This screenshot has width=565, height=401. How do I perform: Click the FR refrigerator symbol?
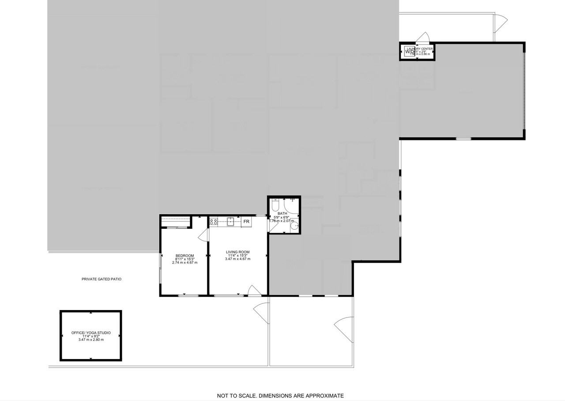coord(246,221)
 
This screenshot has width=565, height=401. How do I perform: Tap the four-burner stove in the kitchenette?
coord(214,222)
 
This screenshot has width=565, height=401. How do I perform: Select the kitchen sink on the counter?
coord(230,221)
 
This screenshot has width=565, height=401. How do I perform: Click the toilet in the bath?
coord(275,205)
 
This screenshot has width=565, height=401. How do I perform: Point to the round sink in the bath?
coord(294,227)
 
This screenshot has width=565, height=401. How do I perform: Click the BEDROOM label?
coord(185,256)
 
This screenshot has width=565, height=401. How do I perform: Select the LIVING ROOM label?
coord(237,252)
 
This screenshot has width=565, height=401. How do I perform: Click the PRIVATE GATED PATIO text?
coord(102,279)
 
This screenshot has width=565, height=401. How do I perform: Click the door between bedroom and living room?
coord(203,235)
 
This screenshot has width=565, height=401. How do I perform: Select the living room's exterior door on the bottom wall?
coord(254,290)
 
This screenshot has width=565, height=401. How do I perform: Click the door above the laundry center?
coord(424,37)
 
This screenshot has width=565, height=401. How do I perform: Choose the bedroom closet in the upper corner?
coord(176,221)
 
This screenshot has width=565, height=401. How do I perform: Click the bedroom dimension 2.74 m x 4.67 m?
coord(185,262)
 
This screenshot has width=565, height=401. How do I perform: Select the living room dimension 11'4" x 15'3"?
coord(237,255)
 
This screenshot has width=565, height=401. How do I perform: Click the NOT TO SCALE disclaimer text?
coord(280,396)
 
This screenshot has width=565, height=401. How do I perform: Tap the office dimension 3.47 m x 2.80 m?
coord(91,340)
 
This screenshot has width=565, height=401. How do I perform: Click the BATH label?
coord(282,214)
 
